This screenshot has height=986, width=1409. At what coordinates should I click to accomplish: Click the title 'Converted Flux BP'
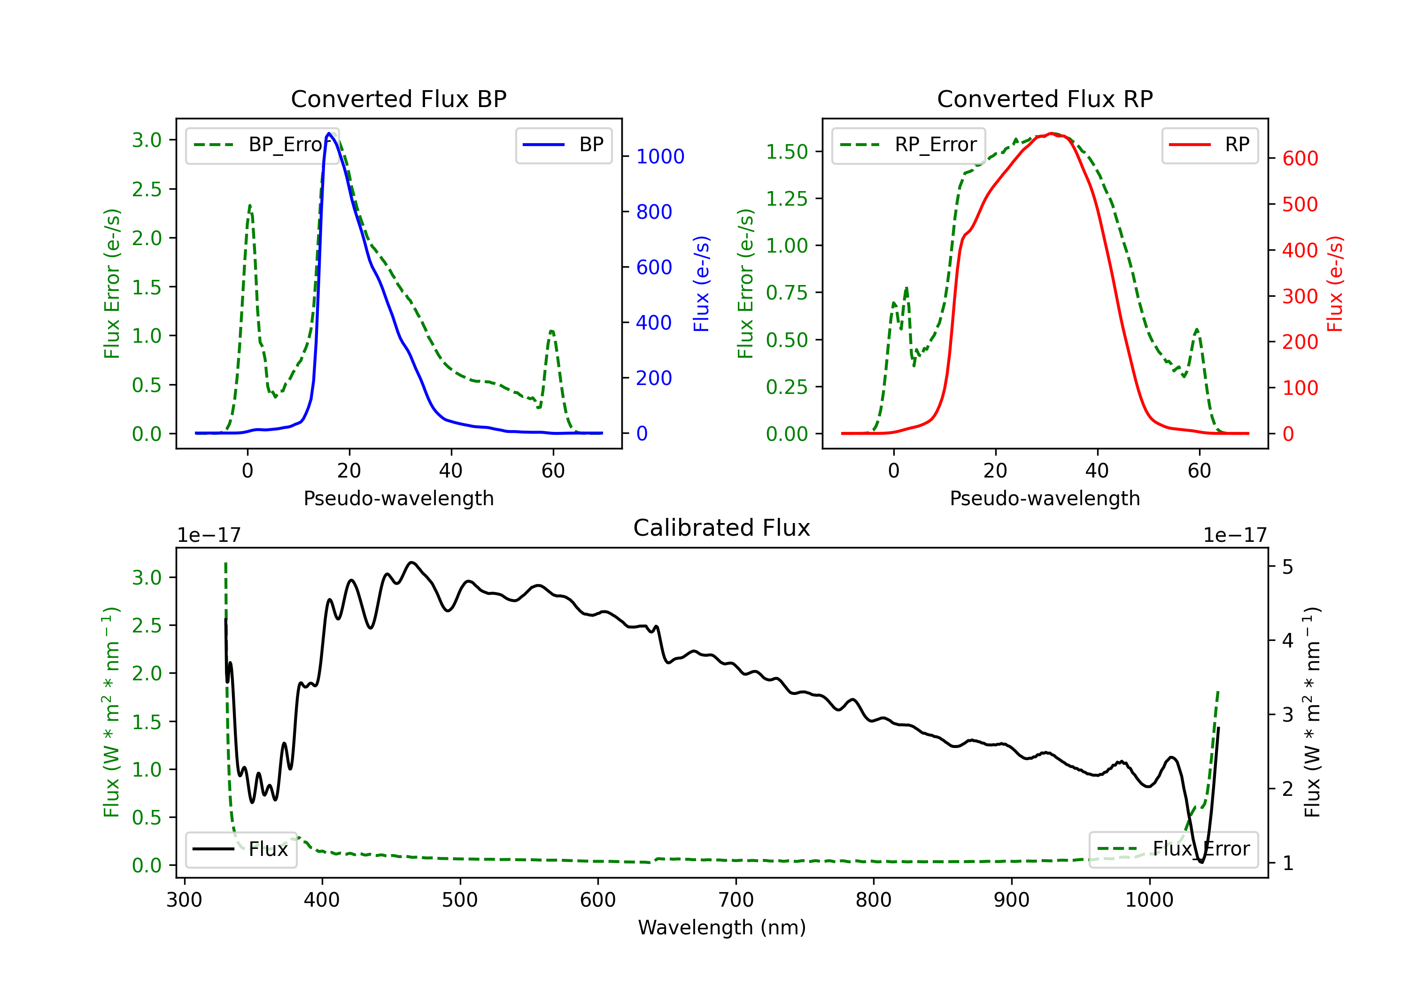click(398, 99)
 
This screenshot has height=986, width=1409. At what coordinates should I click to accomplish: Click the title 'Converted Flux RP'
click(1045, 99)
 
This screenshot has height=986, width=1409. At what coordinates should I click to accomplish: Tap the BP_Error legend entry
click(262, 145)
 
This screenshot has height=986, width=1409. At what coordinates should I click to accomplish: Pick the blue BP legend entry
click(563, 145)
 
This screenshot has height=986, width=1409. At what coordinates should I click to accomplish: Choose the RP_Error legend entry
click(908, 145)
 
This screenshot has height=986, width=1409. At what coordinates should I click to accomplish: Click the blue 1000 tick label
click(660, 156)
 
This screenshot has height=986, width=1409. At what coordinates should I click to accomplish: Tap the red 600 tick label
click(1300, 158)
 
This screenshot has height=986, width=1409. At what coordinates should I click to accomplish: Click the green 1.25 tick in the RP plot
click(787, 198)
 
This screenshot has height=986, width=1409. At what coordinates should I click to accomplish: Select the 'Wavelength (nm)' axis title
click(722, 927)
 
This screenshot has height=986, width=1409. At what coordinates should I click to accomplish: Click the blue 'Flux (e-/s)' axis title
click(701, 284)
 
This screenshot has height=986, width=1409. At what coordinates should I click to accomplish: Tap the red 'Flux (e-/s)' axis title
click(1335, 284)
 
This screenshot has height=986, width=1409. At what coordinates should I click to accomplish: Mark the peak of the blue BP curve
click(329, 133)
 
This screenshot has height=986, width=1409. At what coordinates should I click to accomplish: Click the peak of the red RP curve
click(1051, 133)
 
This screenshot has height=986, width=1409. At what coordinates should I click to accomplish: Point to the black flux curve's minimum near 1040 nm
click(1201, 862)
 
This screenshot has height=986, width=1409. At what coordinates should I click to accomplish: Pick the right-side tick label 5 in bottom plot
click(1287, 566)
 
